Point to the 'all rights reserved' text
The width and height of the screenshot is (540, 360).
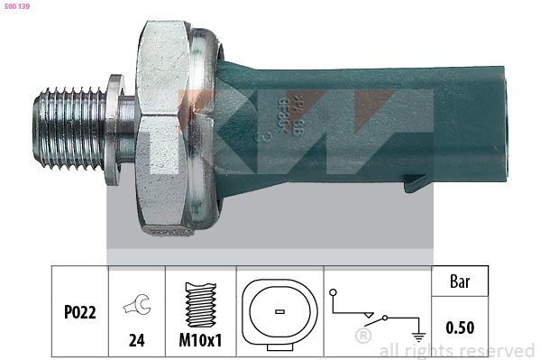456,350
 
